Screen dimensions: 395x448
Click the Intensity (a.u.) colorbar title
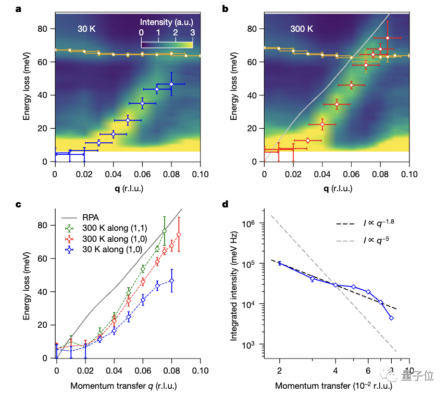point(167,22)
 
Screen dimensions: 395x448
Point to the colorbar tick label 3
point(193,32)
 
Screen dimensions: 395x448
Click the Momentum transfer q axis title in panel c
point(128,387)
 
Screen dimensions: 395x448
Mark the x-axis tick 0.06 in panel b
point(351,173)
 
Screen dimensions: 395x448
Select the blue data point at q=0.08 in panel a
point(171,84)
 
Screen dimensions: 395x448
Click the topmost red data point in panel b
point(388,38)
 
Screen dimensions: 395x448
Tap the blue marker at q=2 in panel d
point(279,263)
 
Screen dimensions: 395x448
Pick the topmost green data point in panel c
point(165,231)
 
